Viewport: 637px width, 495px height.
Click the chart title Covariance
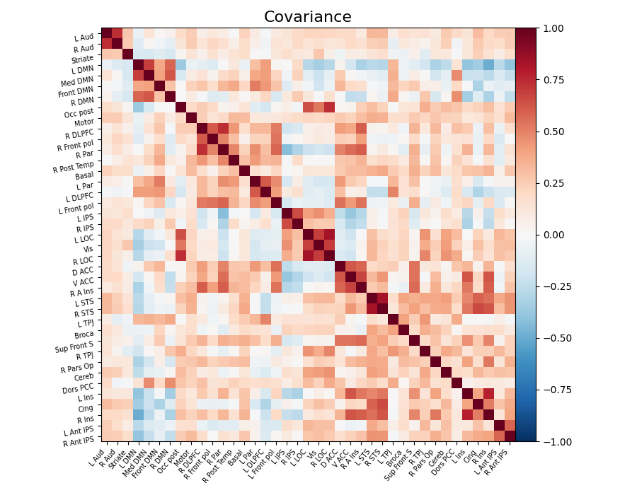307,17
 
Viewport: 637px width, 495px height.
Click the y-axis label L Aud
84,37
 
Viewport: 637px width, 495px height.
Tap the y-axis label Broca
84,334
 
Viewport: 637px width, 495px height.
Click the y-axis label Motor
84,122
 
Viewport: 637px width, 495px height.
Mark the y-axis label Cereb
84,376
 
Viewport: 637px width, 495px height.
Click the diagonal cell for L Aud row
106,33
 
